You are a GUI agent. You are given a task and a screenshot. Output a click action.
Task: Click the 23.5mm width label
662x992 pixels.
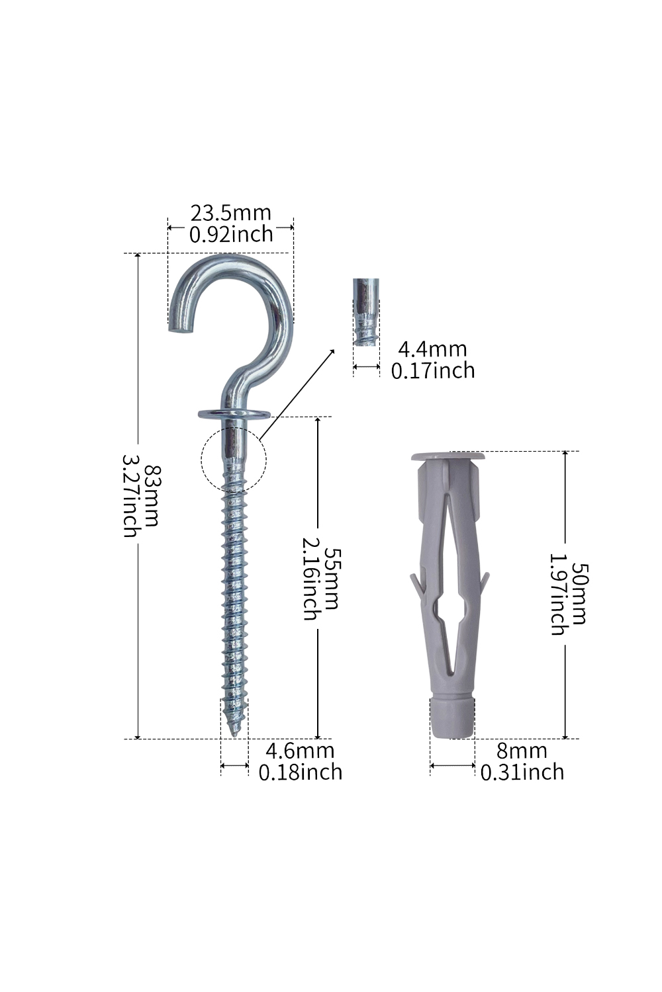coord(230,213)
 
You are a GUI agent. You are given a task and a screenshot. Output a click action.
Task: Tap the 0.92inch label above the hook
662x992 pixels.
coord(231,234)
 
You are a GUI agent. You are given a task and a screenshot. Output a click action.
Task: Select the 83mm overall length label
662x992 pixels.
coord(152,495)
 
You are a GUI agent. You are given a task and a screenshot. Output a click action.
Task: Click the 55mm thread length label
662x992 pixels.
coord(331,579)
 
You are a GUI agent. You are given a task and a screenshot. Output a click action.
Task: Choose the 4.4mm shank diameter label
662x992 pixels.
coord(432,349)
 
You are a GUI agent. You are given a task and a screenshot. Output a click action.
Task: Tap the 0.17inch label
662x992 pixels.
coord(433,370)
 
